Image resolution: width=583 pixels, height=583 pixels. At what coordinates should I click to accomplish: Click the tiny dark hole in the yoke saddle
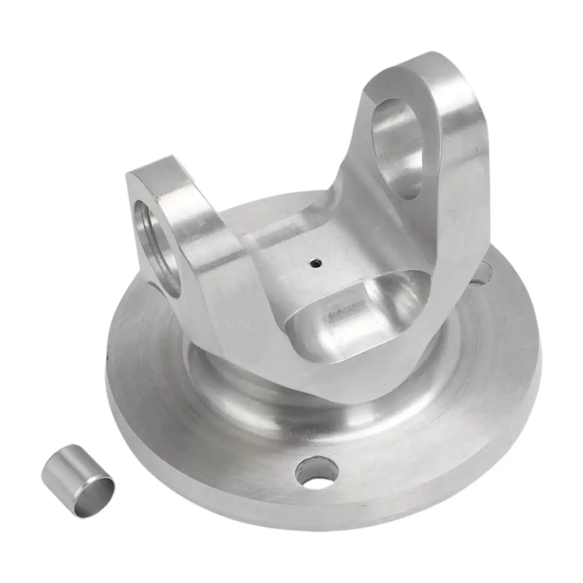[x=314, y=262]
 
